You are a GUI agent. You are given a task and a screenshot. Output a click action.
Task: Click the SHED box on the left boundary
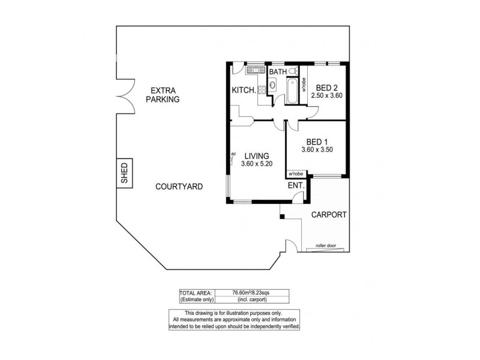click(125, 173)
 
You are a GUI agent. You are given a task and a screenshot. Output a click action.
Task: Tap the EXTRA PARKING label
click(163, 95)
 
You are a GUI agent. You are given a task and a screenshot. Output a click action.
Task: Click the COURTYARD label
click(179, 187)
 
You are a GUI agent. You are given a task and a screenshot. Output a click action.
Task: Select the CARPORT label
click(328, 215)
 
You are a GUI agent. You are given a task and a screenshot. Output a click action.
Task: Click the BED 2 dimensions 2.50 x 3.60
click(326, 95)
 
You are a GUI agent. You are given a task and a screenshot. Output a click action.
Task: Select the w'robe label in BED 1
click(296, 174)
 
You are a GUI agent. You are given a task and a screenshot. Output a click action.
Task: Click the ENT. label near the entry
click(296, 186)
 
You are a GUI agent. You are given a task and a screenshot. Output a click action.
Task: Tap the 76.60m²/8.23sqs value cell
click(251, 292)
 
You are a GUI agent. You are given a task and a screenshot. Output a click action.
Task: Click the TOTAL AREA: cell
click(196, 292)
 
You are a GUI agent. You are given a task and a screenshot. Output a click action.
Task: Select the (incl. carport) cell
click(251, 299)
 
